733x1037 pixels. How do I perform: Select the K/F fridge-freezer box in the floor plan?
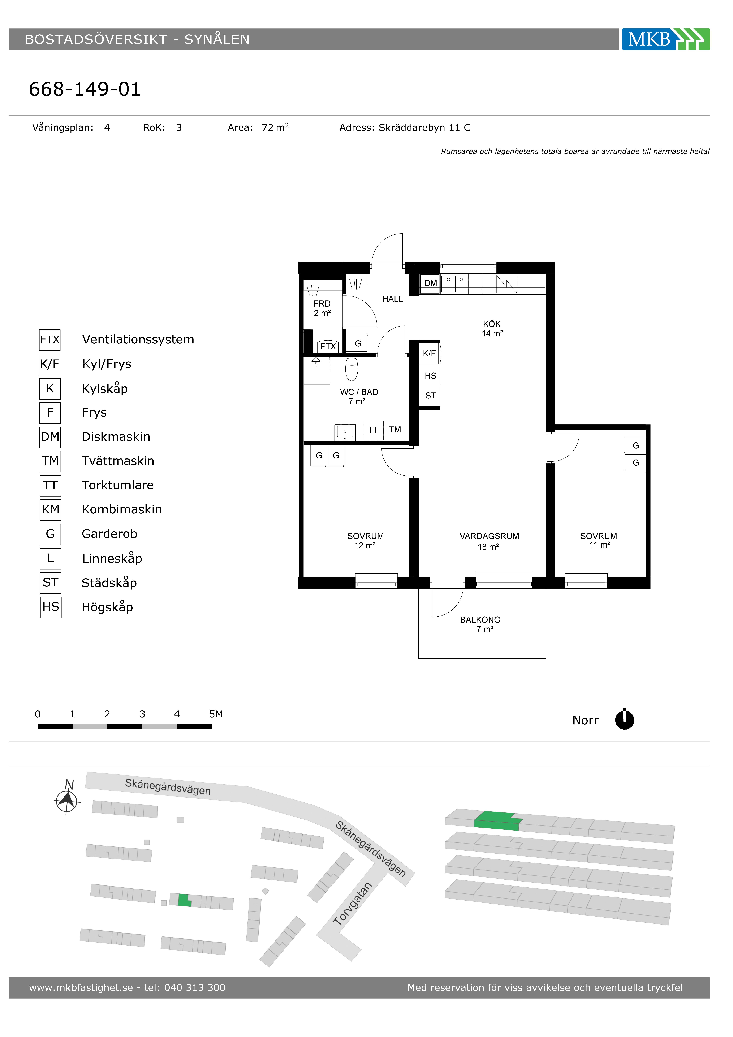429,353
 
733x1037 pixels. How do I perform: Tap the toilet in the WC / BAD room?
351,369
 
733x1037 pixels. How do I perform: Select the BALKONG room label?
480,620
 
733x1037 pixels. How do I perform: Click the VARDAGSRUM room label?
489,536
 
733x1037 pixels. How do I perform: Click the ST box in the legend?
51,583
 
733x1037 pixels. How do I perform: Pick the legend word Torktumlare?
117,485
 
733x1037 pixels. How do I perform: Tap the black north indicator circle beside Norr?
625,720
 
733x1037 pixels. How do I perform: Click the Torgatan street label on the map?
352,904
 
